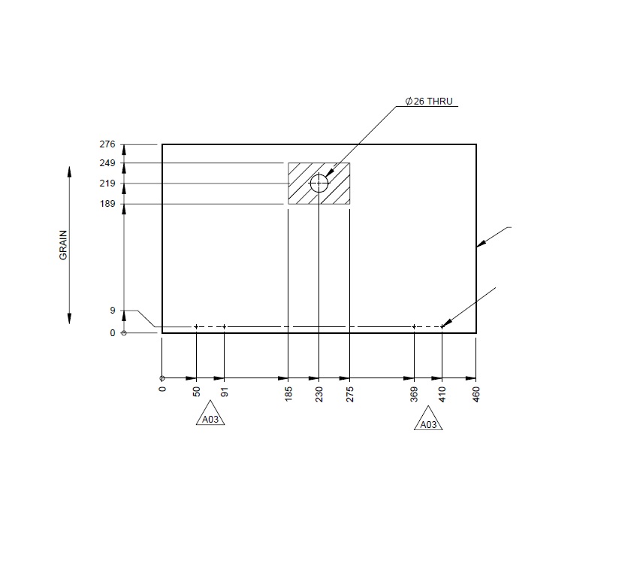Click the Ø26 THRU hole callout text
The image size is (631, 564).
click(429, 101)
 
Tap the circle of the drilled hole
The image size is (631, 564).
click(319, 183)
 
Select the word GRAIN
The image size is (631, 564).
click(63, 244)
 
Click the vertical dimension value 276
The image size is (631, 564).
click(107, 144)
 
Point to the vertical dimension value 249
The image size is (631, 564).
click(107, 163)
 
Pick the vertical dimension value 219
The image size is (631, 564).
click(107, 183)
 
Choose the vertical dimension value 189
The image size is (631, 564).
click(107, 204)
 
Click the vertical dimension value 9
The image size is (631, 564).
click(112, 311)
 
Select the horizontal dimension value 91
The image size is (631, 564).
click(224, 395)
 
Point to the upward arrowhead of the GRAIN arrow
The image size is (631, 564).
click(70, 171)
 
